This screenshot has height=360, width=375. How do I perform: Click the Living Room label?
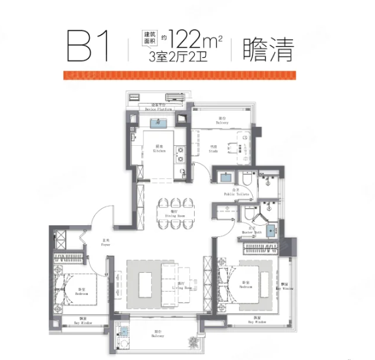tap(182, 286)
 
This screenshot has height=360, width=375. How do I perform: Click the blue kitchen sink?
tap(158, 122)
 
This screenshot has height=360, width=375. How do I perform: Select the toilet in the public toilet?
tap(247, 178)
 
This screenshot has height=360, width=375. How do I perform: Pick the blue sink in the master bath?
tap(271, 230)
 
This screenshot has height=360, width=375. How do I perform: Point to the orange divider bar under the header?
tap(187, 75)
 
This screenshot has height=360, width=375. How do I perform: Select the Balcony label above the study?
tap(223, 122)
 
